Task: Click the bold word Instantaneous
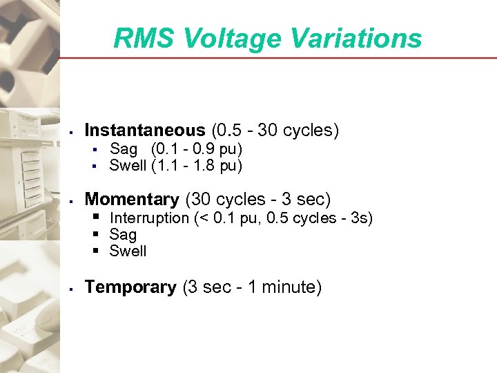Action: pos(144,130)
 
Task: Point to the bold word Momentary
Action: pos(131,200)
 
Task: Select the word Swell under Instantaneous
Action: pos(128,166)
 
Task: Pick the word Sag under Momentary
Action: pos(123,235)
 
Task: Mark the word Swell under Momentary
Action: pos(128,251)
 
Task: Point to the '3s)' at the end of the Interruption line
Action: pos(362,218)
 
